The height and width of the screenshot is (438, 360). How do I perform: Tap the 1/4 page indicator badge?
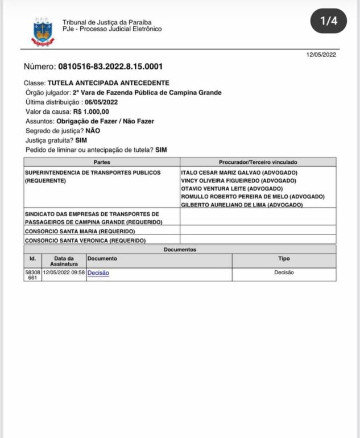pyautogui.click(x=329, y=22)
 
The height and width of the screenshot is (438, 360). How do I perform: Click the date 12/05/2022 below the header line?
pyautogui.click(x=321, y=55)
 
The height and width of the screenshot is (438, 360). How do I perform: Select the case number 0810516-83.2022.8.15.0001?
pyautogui.click(x=110, y=67)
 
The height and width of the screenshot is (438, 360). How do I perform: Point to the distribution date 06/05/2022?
pyautogui.click(x=101, y=102)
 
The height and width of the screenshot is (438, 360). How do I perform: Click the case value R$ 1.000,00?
pyautogui.click(x=91, y=112)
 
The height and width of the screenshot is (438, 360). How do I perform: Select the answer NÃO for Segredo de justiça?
pyautogui.click(x=93, y=131)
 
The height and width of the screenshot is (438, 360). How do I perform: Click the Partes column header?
pyautogui.click(x=102, y=163)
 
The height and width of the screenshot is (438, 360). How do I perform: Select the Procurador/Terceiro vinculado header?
pyautogui.click(x=258, y=163)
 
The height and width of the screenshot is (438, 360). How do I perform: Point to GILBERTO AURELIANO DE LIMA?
pyautogui.click(x=241, y=205)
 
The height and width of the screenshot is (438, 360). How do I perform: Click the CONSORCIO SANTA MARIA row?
pyautogui.click(x=80, y=232)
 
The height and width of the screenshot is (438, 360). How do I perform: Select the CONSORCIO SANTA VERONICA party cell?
pyautogui.click(x=84, y=241)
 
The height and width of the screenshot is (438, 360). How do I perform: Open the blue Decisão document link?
pyautogui.click(x=98, y=273)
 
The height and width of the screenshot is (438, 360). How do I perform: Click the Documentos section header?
pyautogui.click(x=180, y=249)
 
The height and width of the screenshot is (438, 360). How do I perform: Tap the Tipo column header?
pyautogui.click(x=284, y=258)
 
